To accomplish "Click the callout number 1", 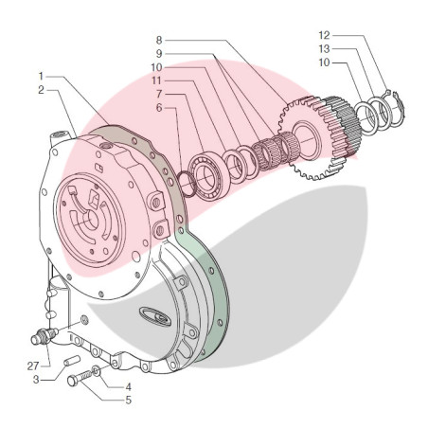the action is coord(41,76).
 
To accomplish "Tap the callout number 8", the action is coord(159,40).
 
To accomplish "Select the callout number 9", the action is coord(159,54).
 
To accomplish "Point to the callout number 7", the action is coord(159,94).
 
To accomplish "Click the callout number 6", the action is coord(159,108).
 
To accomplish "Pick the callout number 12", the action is coord(324,35).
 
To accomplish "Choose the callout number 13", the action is coord(324,49).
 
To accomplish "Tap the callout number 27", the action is coord(33,366).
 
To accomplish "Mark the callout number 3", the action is coord(36,380).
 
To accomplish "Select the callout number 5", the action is coord(128,401).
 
